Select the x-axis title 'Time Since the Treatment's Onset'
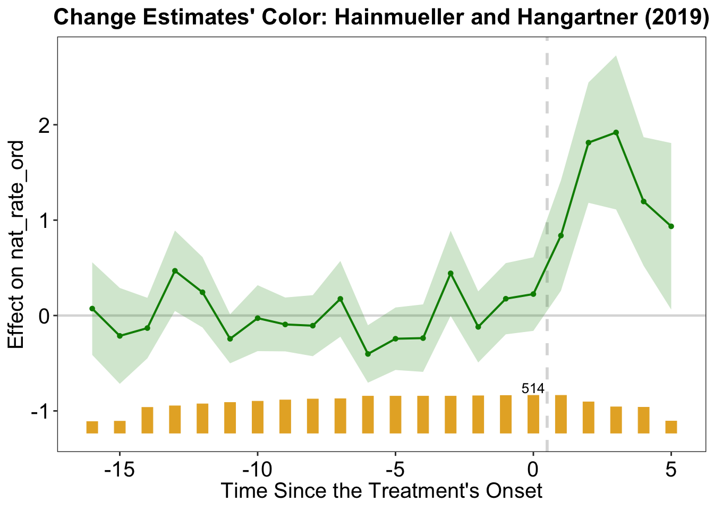pos(381,490)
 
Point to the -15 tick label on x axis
pos(120,470)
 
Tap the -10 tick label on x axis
pos(257,470)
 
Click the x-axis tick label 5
pos(671,470)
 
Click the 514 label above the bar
pos(533,389)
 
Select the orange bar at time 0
pos(533,414)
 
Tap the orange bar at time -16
pos(92,427)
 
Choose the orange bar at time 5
pos(671,427)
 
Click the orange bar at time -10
pos(258,417)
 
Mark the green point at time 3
pos(616,132)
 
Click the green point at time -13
pos(175,271)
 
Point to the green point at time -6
pos(368,354)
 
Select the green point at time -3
pos(450,274)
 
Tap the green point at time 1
pos(560,235)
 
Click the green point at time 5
pos(671,226)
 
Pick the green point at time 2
pos(588,142)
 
